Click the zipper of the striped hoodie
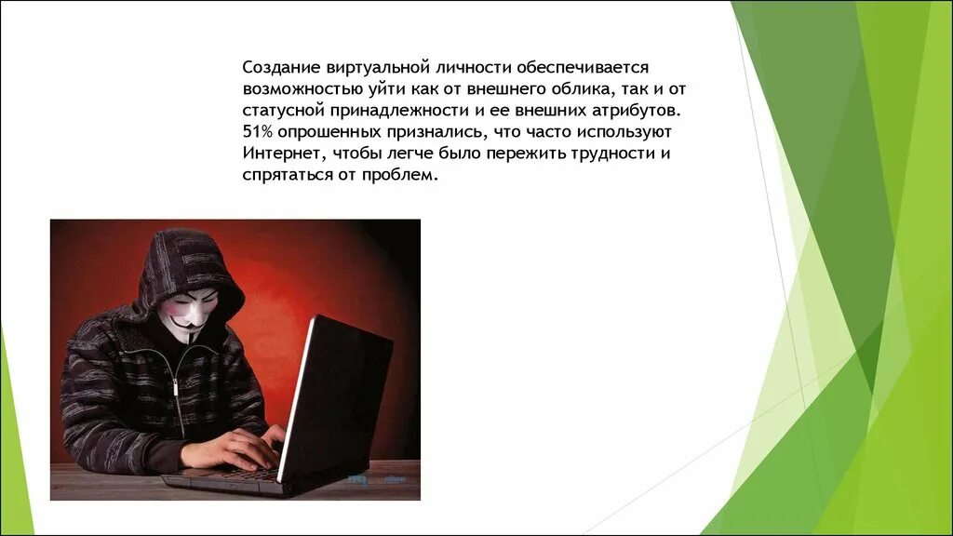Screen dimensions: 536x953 tap(178, 391)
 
